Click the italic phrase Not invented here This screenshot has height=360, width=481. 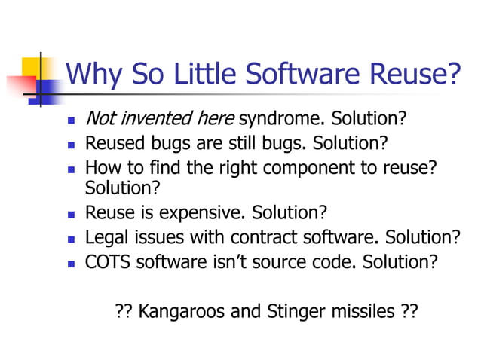coord(160,119)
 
